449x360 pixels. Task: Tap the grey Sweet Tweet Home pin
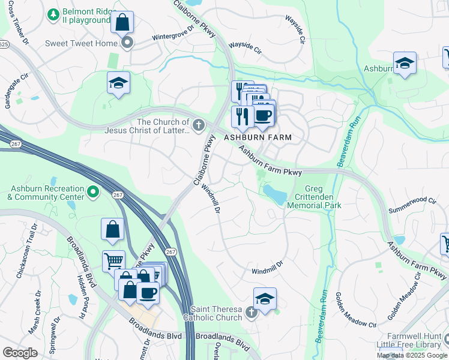point(127,42)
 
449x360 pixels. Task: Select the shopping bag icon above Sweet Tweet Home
point(122,23)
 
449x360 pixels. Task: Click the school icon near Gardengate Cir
point(119,84)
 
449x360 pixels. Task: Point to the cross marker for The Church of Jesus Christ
point(199,125)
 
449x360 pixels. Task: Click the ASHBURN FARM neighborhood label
point(258,137)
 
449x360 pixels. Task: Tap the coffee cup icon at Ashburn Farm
point(263,115)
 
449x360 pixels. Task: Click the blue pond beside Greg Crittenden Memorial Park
point(274,194)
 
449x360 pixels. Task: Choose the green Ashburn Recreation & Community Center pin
point(92,191)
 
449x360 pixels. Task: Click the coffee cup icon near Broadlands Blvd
point(148,293)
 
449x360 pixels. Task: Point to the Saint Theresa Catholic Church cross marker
point(251,311)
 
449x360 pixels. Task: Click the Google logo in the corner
point(20,353)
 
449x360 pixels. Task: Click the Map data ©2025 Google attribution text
point(411,355)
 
